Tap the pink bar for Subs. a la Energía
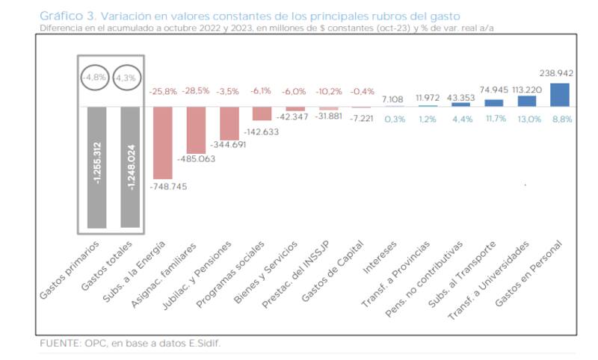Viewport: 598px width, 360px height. pos(162,141)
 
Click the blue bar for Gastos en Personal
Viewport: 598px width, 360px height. pos(559,95)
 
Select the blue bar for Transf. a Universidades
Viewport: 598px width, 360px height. pos(528,101)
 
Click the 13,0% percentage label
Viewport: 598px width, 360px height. pos(527,118)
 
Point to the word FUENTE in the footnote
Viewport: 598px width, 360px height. pos(58,344)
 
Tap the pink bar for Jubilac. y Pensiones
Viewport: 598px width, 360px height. pos(229,123)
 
